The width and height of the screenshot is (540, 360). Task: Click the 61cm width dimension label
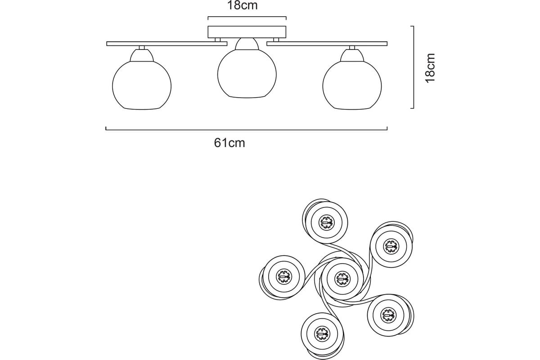pyautogui.click(x=229, y=143)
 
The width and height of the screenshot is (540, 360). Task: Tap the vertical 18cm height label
pyautogui.click(x=430, y=68)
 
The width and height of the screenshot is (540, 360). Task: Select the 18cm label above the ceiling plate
pyautogui.click(x=242, y=5)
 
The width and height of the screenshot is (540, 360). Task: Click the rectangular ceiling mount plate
pyautogui.click(x=247, y=32)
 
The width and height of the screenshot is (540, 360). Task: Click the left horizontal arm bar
pyautogui.click(x=167, y=44)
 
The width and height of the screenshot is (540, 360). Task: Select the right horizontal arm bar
pyautogui.click(x=327, y=44)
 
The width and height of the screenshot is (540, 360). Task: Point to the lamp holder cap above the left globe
pyautogui.click(x=142, y=55)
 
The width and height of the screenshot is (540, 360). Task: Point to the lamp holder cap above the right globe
pyautogui.click(x=352, y=55)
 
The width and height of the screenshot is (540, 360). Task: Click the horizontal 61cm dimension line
pyautogui.click(x=247, y=130)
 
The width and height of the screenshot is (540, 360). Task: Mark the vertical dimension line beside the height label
pyautogui.click(x=414, y=67)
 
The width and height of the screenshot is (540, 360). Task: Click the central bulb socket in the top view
pyautogui.click(x=342, y=279)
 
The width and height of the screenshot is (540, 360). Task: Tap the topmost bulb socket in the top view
pyautogui.click(x=326, y=223)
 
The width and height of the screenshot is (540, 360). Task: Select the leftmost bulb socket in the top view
pyautogui.click(x=284, y=277)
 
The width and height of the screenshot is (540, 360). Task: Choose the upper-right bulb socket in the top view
pyautogui.click(x=391, y=247)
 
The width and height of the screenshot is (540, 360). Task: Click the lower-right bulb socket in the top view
pyautogui.click(x=389, y=315)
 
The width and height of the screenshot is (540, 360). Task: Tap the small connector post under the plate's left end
pyautogui.click(x=217, y=40)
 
